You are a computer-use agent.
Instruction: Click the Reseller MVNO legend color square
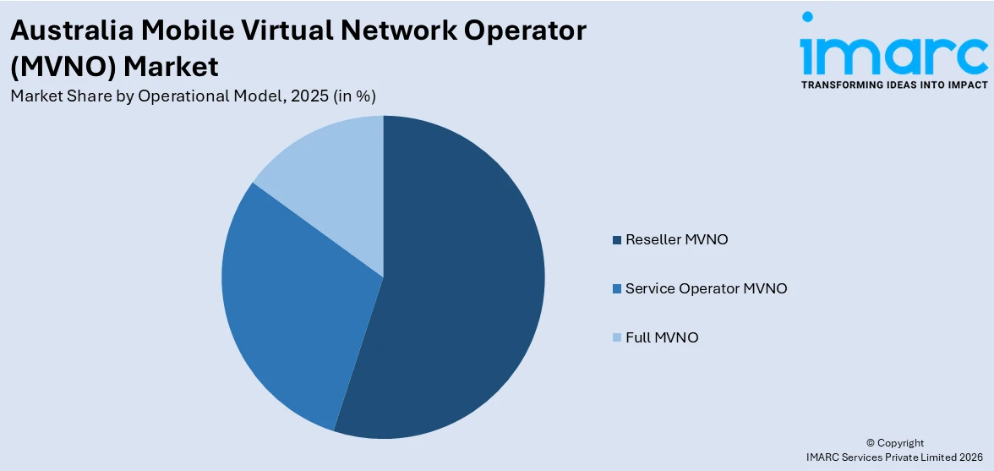click(618, 240)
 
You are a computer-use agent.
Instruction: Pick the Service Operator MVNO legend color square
click(618, 289)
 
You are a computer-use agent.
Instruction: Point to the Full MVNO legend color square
click(618, 338)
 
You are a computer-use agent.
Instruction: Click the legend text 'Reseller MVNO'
click(676, 240)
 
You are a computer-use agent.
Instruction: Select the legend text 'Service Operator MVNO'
click(706, 289)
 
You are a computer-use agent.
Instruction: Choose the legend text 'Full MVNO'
click(662, 338)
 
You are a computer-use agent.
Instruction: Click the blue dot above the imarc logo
click(807, 16)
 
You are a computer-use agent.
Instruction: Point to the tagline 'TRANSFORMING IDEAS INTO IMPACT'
click(893, 85)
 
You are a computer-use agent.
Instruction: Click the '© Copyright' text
click(895, 443)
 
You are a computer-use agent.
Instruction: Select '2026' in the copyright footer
click(970, 457)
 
